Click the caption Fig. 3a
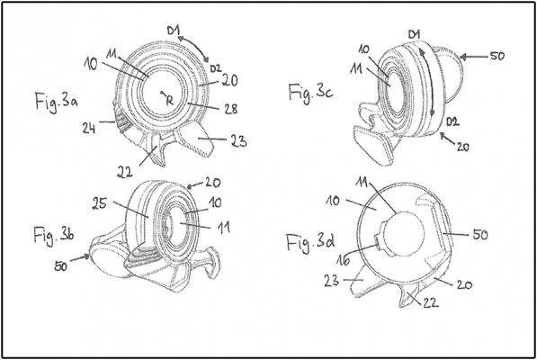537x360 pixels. click(x=56, y=102)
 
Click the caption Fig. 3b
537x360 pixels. click(x=54, y=236)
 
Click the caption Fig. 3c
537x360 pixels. click(x=310, y=94)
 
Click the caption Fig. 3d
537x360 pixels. click(x=310, y=242)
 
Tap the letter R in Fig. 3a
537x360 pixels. click(x=170, y=101)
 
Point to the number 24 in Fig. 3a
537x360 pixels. click(x=89, y=128)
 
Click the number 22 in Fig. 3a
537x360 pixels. click(x=125, y=172)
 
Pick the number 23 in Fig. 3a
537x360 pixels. click(x=238, y=140)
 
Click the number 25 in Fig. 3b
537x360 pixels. click(x=100, y=203)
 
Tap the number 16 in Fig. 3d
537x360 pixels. click(x=343, y=259)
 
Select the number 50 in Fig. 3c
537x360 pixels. click(x=497, y=56)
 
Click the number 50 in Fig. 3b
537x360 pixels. click(x=60, y=265)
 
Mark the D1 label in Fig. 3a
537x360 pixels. click(x=175, y=31)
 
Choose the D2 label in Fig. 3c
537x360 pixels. click(x=452, y=121)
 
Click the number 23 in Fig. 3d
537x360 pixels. click(x=332, y=281)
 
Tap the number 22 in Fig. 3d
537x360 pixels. click(x=431, y=301)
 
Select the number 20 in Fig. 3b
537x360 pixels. click(x=213, y=182)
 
